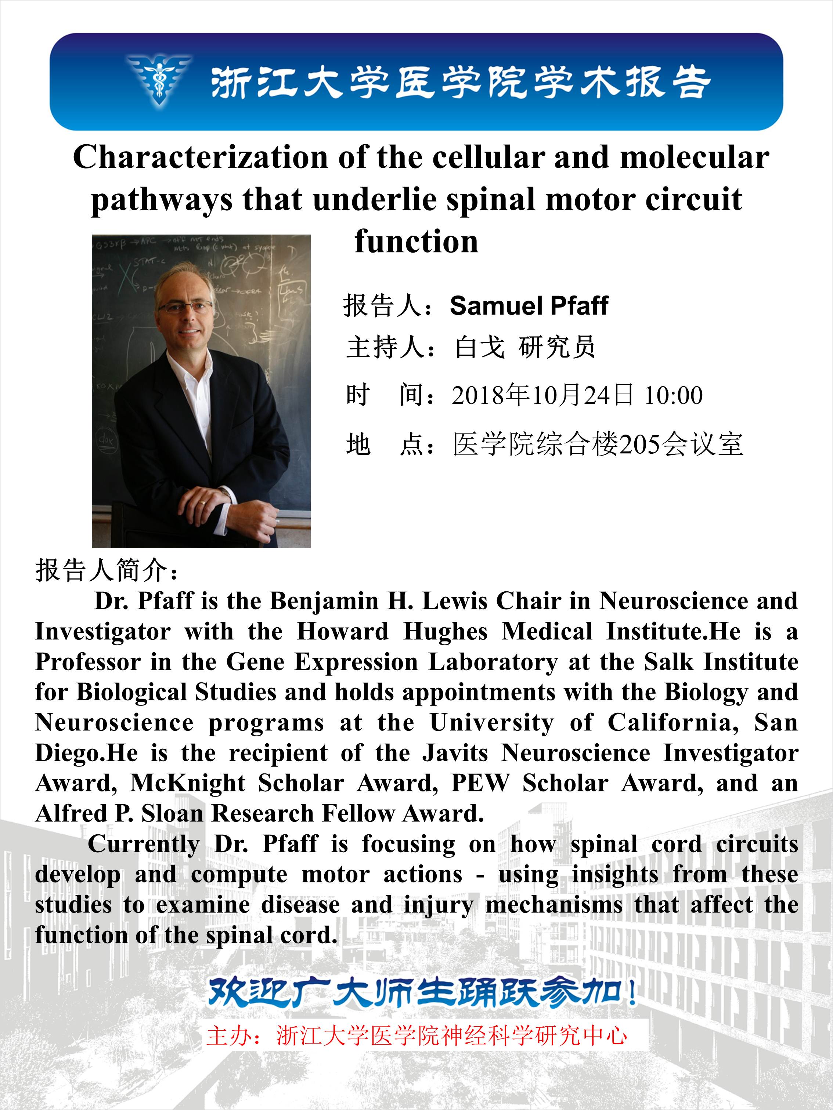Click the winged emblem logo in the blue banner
coord(159,80)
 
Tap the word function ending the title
coord(416,242)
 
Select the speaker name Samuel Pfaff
coord(529,306)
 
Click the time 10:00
coord(673,395)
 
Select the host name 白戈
coord(480,347)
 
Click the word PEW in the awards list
coord(480,784)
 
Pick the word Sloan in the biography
coord(172,814)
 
